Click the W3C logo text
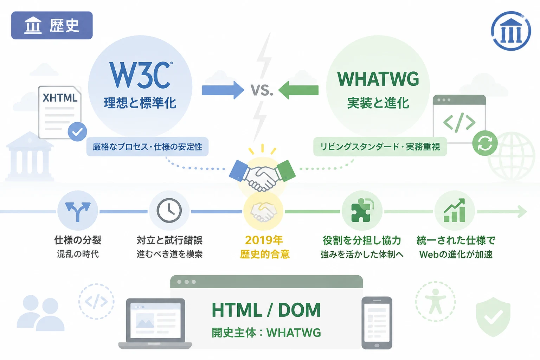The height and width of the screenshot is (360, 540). (141, 75)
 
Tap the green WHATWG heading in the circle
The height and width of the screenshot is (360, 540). (378, 79)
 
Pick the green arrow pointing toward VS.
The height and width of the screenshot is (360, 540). (298, 90)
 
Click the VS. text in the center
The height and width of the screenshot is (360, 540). (262, 90)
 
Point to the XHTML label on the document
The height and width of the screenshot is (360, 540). (60, 98)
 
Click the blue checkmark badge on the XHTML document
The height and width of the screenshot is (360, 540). (77, 131)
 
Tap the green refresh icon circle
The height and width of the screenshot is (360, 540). (485, 143)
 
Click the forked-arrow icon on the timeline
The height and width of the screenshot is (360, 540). (78, 211)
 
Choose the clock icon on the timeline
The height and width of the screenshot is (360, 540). (169, 210)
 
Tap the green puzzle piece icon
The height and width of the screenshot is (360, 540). (362, 210)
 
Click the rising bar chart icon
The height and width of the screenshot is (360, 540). (455, 210)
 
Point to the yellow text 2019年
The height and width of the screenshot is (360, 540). (264, 240)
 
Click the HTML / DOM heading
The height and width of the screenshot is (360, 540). (266, 310)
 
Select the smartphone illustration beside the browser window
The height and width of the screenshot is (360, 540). (377, 323)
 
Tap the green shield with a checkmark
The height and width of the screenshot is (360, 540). (493, 317)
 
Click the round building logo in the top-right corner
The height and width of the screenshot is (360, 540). (511, 31)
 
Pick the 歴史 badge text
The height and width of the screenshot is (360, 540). (64, 26)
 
